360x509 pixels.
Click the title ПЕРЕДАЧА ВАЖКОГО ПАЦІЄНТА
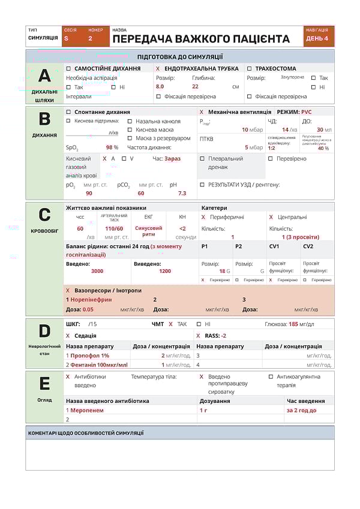click(200, 39)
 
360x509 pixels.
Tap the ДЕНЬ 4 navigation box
click(317, 38)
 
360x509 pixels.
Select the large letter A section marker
click(44, 76)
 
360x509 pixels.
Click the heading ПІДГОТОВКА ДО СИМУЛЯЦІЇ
click(180, 57)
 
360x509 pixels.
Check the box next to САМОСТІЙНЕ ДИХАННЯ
click(68, 68)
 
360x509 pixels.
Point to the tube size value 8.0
click(160, 86)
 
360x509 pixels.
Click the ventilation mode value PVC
click(306, 112)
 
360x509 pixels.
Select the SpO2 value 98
click(110, 147)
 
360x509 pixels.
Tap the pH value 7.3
click(182, 193)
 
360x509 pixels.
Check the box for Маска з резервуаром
click(130, 138)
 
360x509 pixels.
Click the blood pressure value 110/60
click(114, 228)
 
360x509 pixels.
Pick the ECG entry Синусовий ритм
click(148, 231)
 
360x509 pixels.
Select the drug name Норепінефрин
click(91, 299)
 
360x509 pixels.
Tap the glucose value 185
click(293, 324)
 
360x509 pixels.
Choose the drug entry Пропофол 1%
click(90, 356)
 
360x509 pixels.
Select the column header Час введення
click(305, 400)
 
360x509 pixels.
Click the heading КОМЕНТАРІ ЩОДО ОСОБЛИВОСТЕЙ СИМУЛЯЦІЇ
click(86, 433)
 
